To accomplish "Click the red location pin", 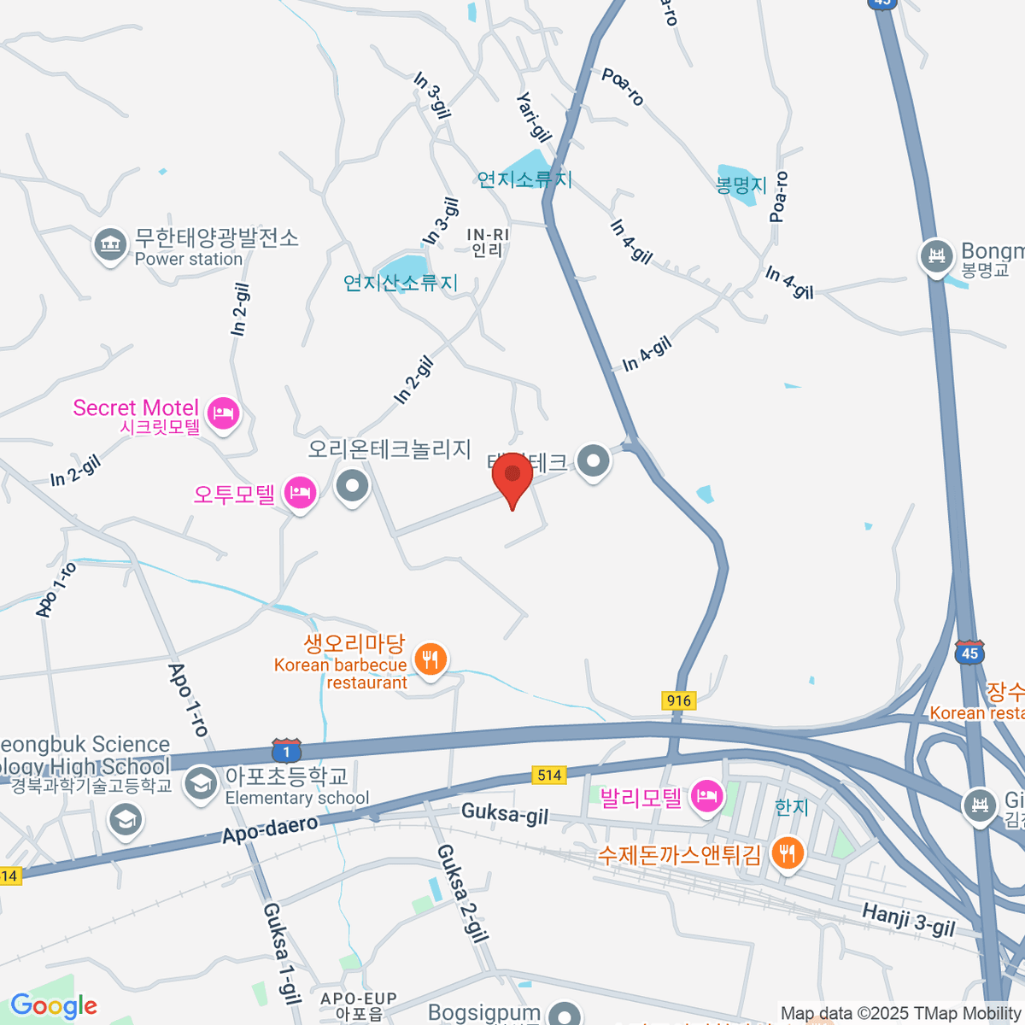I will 512,477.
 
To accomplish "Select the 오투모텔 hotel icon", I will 301,493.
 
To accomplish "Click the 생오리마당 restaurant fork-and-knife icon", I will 430,659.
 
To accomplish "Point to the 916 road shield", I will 679,700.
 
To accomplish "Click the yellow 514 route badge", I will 549,775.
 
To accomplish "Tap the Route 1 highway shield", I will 286,752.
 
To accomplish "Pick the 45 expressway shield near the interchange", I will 969,653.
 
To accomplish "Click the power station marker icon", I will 109,245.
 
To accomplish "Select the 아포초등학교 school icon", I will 201,782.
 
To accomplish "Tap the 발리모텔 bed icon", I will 706,797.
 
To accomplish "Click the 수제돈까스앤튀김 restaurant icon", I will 787,853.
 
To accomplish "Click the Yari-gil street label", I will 534,117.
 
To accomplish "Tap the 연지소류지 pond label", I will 524,179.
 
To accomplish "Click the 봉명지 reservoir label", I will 741,184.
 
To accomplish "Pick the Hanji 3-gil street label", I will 908,921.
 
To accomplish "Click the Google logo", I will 54,1006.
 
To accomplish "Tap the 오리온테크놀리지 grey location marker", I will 352,487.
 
